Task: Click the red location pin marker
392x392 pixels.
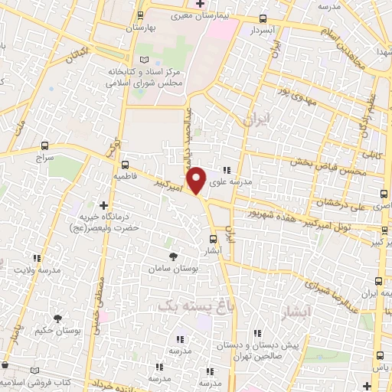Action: point(197,179)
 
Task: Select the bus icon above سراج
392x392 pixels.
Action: point(45,145)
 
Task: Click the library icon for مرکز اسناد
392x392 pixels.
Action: point(145,60)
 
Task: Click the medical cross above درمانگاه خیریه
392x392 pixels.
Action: point(104,204)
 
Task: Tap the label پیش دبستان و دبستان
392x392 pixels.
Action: point(261,345)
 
